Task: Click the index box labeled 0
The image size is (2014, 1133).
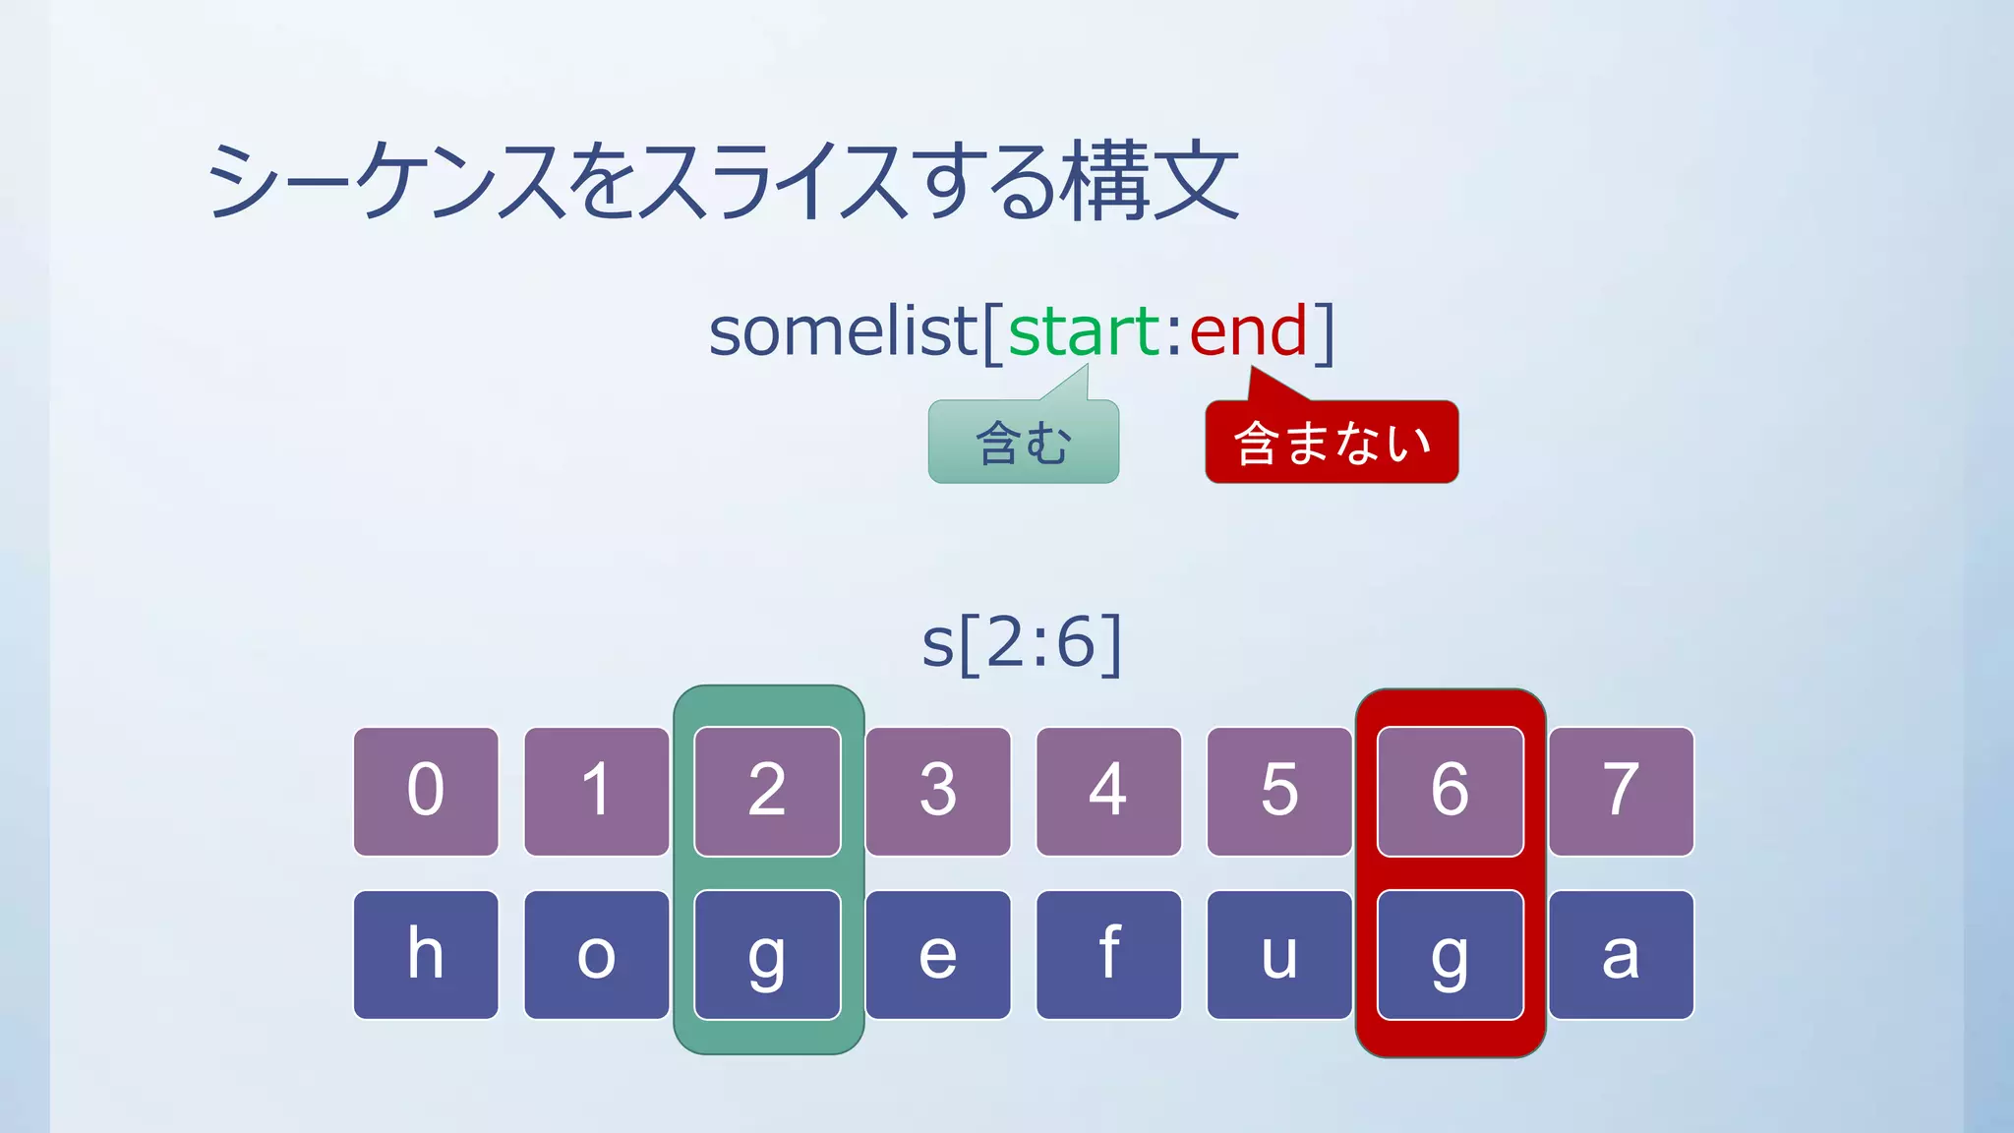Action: [426, 791]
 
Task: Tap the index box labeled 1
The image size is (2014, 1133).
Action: [597, 791]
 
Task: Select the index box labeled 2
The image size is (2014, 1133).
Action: [767, 791]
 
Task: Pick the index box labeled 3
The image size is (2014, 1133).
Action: [938, 791]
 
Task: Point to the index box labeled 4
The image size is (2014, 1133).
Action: [1108, 791]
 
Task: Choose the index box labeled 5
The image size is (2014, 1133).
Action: [1279, 791]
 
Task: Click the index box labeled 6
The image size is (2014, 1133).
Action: [1451, 791]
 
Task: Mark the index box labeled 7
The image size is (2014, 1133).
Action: [1621, 791]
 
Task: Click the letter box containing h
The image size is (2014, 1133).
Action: [426, 954]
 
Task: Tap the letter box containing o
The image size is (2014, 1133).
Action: [597, 954]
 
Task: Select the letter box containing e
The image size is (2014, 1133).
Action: [938, 954]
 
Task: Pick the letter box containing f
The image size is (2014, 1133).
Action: [1108, 954]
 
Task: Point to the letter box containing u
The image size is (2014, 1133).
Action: [1279, 954]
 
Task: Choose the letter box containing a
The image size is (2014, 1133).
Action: [1621, 954]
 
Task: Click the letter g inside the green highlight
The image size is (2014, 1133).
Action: [767, 954]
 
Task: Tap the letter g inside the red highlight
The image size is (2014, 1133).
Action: [1451, 954]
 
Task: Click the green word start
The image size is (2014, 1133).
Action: [1085, 331]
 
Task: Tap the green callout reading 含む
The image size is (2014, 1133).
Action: [1023, 442]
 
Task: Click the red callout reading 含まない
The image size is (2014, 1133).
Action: [1332, 442]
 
